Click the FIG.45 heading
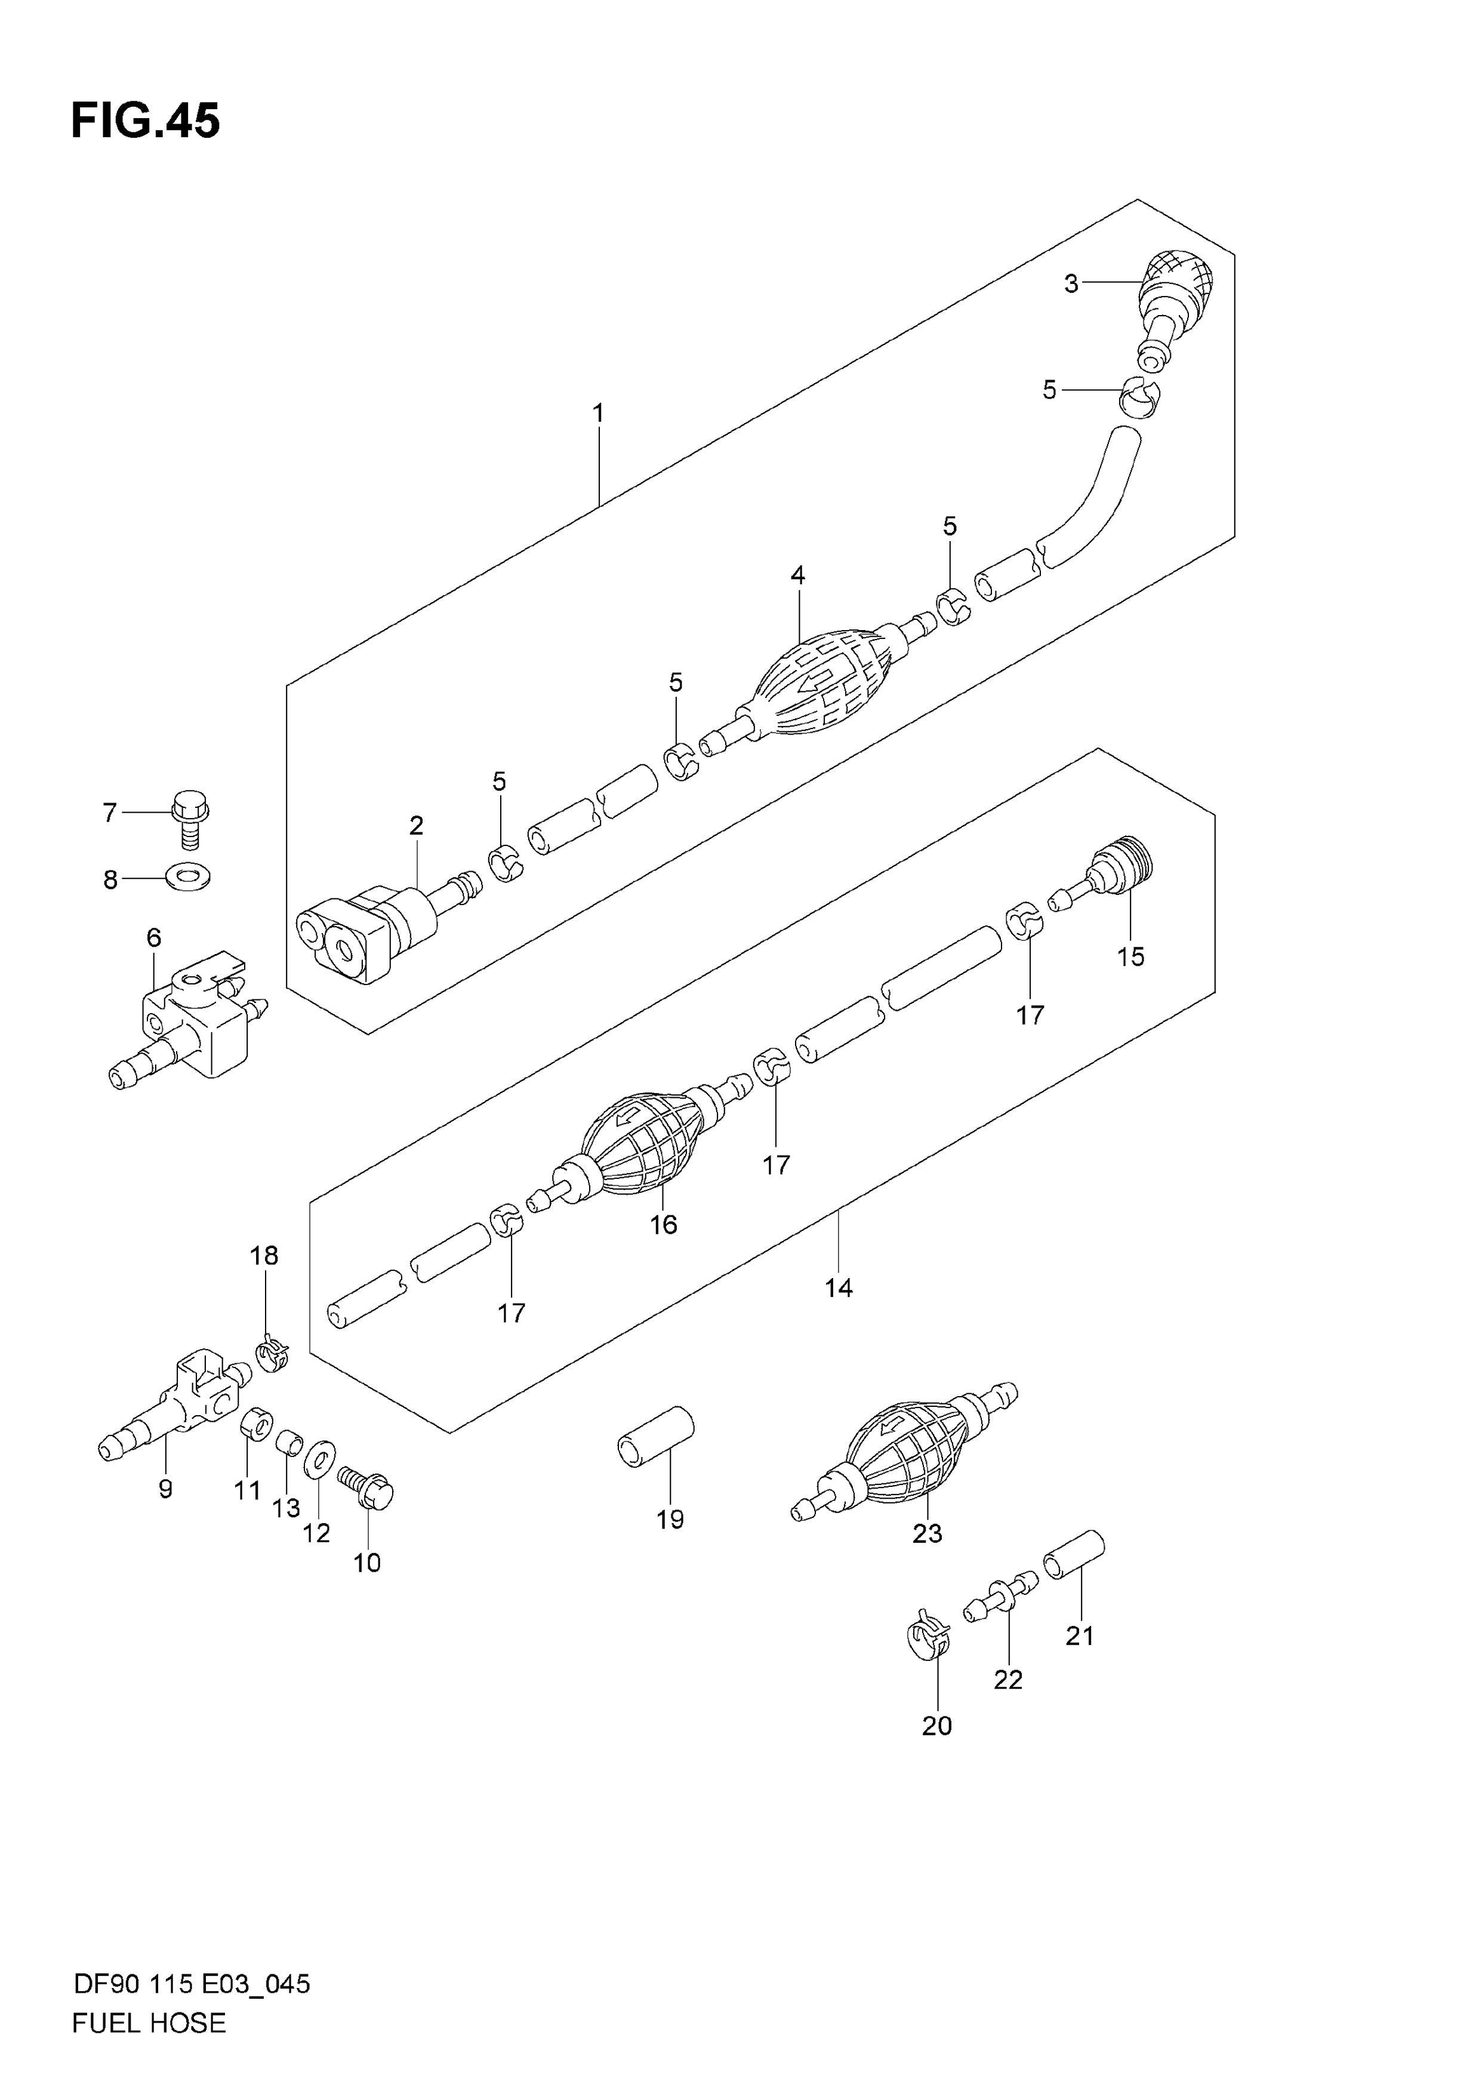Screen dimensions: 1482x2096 tap(145, 121)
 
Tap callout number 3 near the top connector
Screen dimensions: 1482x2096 tap(1071, 284)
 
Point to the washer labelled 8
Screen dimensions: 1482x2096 tap(188, 877)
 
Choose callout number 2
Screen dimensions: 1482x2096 tap(417, 826)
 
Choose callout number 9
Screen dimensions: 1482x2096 tap(165, 1490)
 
